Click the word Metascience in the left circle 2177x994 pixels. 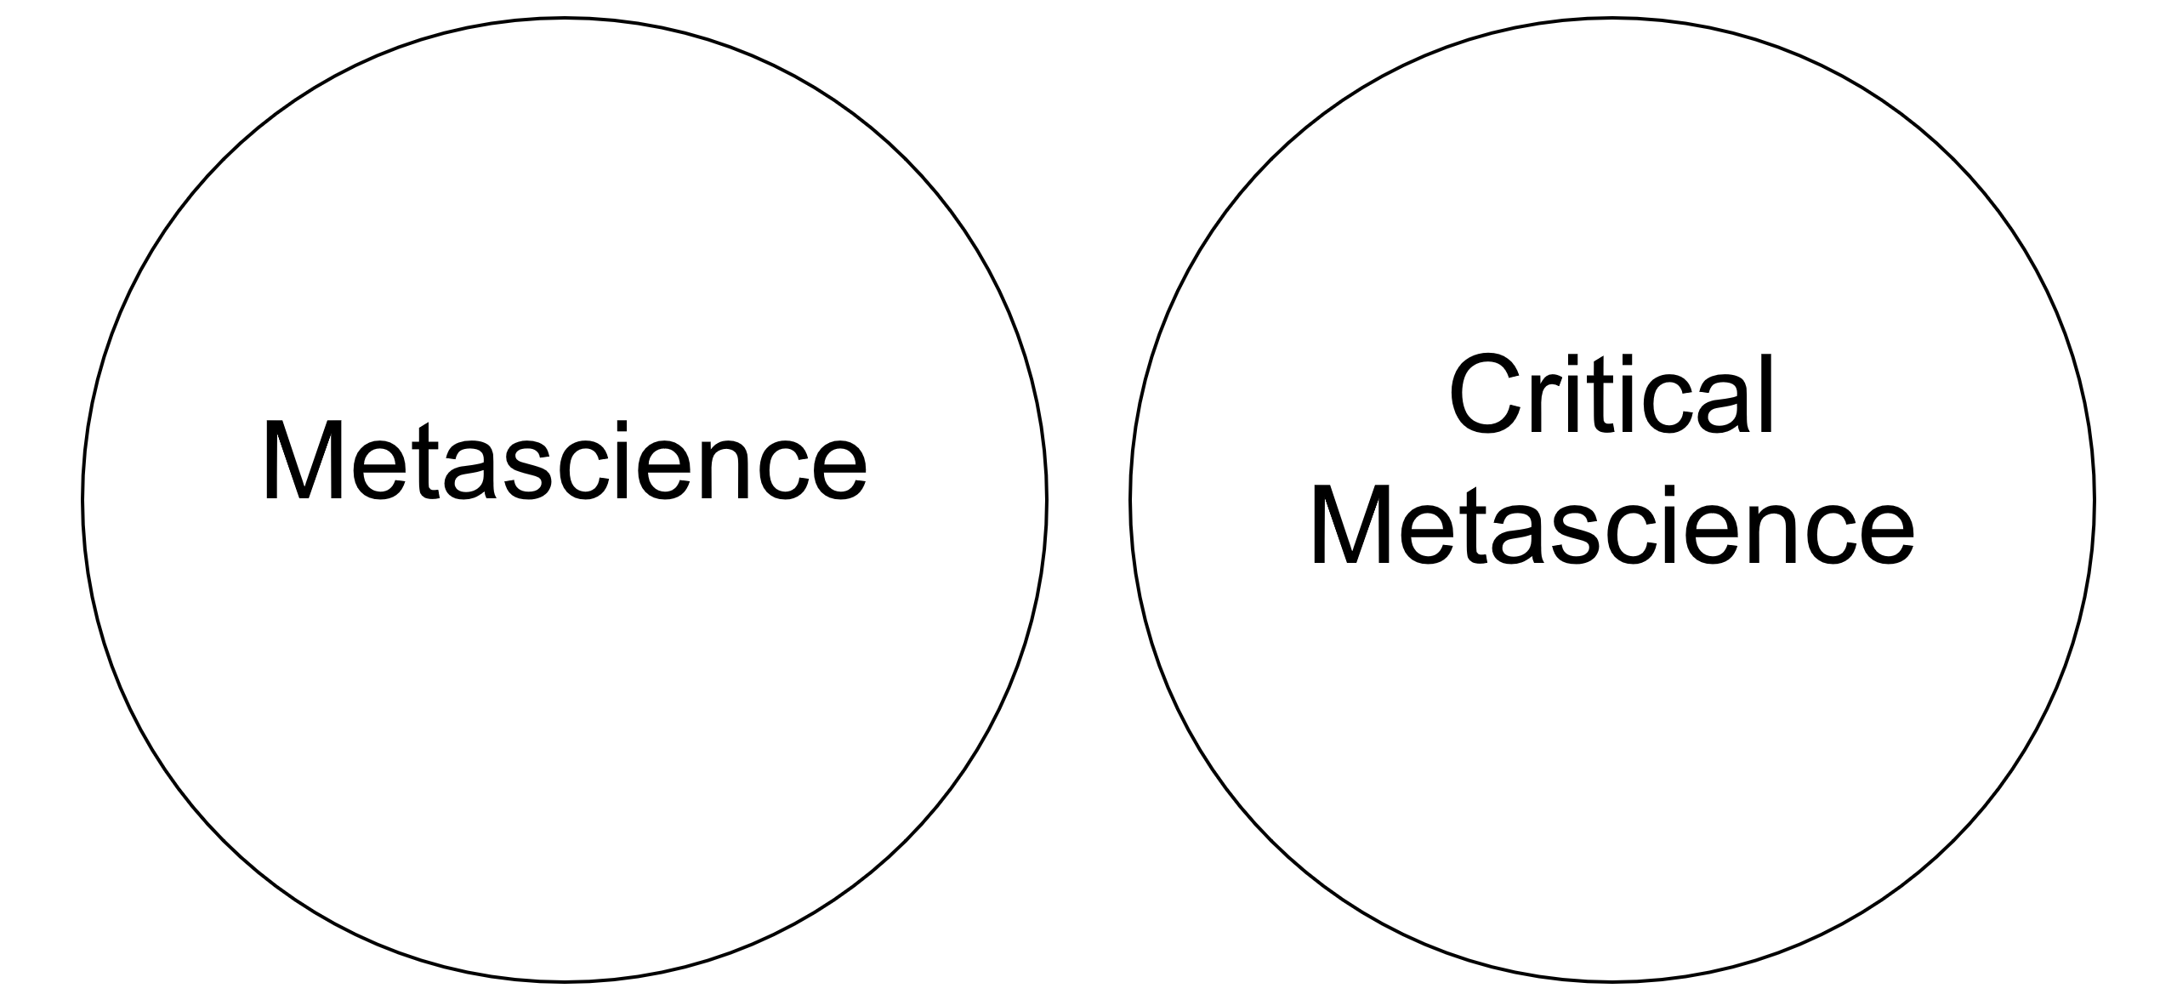coord(564,462)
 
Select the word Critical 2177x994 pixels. coord(1611,395)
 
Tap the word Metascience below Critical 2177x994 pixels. coord(1611,525)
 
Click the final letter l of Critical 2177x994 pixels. coord(1766,395)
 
